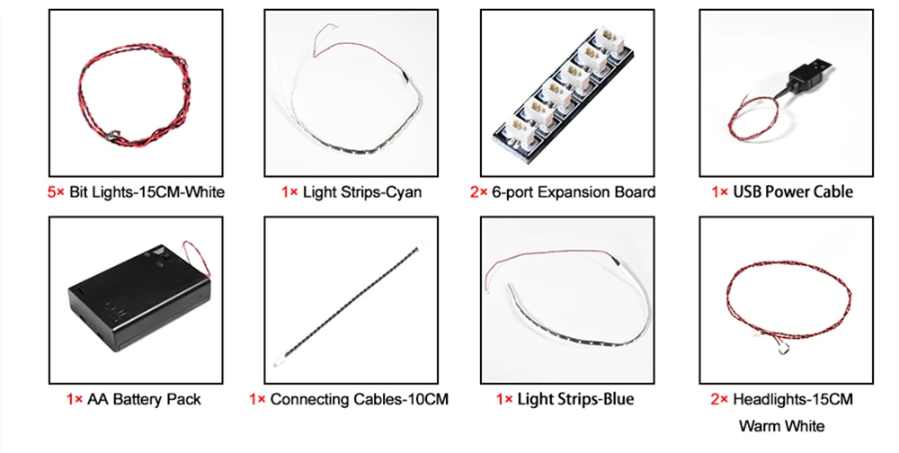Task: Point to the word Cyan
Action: (400, 191)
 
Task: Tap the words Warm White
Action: (781, 425)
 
